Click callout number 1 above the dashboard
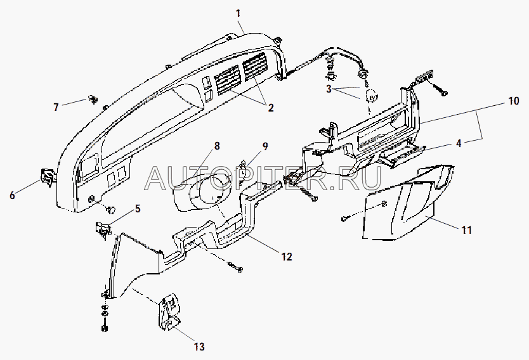(238, 14)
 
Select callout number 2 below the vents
(271, 108)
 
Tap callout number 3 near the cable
(329, 89)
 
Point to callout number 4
(459, 143)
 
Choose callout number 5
(138, 209)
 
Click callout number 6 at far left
(13, 195)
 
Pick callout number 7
(56, 107)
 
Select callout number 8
(217, 146)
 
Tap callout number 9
(265, 146)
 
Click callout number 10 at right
(514, 101)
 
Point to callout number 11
(467, 230)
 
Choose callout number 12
(287, 257)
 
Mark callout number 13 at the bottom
(199, 346)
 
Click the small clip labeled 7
(93, 99)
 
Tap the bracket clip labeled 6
(47, 176)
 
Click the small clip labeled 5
(103, 229)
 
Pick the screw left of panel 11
(344, 219)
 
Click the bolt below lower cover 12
(235, 267)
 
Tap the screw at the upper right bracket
(441, 89)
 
